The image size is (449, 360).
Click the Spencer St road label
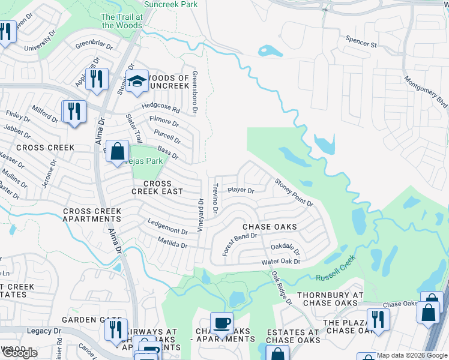[361, 44]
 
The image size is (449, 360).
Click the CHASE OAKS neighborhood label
[270, 227]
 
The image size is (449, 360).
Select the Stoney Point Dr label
[294, 192]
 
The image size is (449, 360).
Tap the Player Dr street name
[240, 191]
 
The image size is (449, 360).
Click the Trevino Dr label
[214, 199]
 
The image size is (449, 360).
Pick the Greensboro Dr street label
[194, 92]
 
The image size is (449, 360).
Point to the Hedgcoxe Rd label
[160, 108]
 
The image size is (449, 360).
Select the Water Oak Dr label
[280, 262]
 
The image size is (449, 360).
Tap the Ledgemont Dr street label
[168, 228]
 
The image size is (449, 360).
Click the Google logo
[19, 353]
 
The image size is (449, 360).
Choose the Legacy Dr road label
[44, 331]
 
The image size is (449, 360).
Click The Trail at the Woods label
[122, 21]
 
